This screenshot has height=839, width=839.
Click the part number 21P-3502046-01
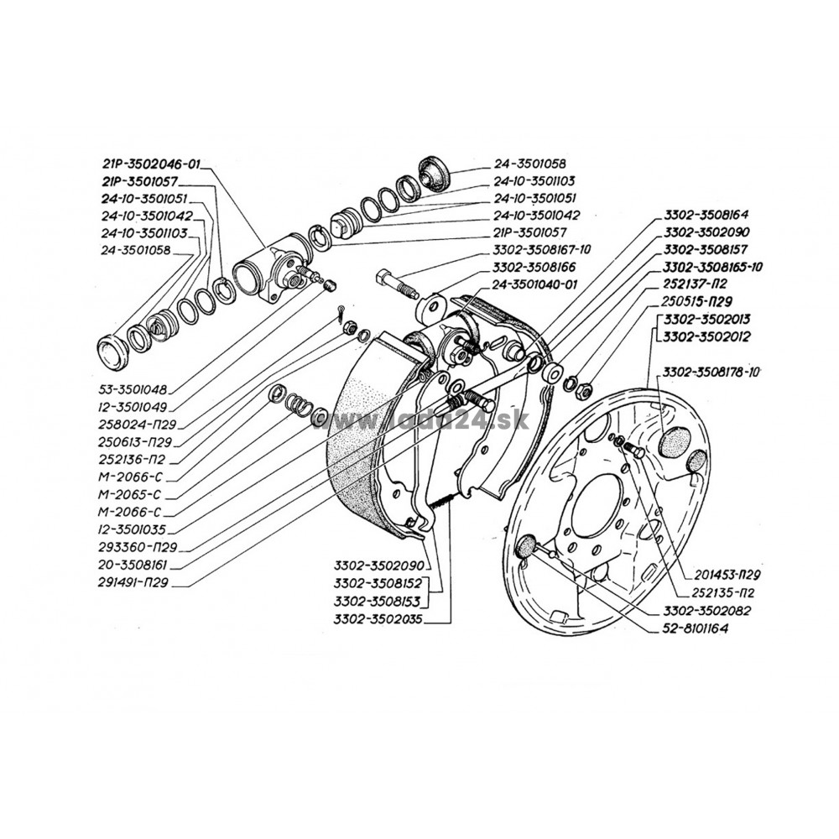tap(149, 164)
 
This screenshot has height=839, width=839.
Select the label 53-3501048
tap(133, 389)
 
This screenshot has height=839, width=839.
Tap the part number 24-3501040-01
tap(535, 284)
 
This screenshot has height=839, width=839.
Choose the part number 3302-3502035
tap(378, 620)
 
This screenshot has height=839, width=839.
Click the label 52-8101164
tap(695, 628)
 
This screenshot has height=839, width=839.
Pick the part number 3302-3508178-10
tap(711, 373)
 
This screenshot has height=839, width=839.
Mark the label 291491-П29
tap(133, 583)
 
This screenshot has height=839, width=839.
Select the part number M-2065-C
tap(129, 495)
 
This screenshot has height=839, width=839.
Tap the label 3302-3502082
tap(706, 611)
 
